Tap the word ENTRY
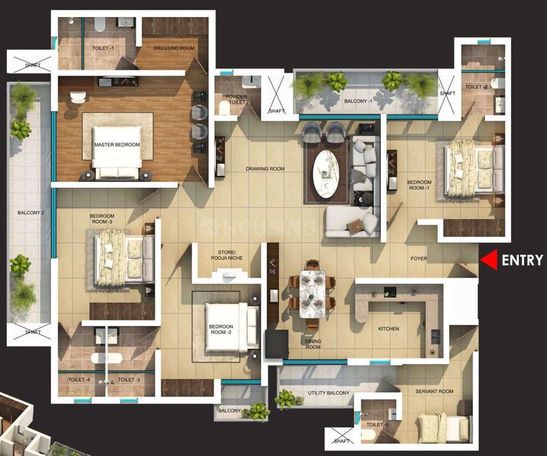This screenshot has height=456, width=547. pyautogui.click(x=522, y=260)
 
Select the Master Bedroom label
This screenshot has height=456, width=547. pyautogui.click(x=116, y=144)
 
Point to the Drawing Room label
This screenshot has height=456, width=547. pyautogui.click(x=265, y=169)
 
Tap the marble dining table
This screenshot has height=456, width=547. pyautogui.click(x=312, y=292)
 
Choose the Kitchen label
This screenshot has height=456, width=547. pyautogui.click(x=388, y=329)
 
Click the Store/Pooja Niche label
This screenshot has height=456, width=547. pyautogui.click(x=226, y=258)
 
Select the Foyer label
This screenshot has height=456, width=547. pyautogui.click(x=418, y=258)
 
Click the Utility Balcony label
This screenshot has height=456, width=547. pyautogui.click(x=329, y=393)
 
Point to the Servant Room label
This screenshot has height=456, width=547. pyautogui.click(x=434, y=391)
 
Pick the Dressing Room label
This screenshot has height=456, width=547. pyautogui.click(x=174, y=48)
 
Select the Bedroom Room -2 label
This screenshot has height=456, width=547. pyautogui.click(x=221, y=330)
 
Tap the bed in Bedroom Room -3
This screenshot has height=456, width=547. pyautogui.click(x=121, y=257)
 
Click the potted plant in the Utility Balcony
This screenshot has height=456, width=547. pyautogui.click(x=286, y=398)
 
